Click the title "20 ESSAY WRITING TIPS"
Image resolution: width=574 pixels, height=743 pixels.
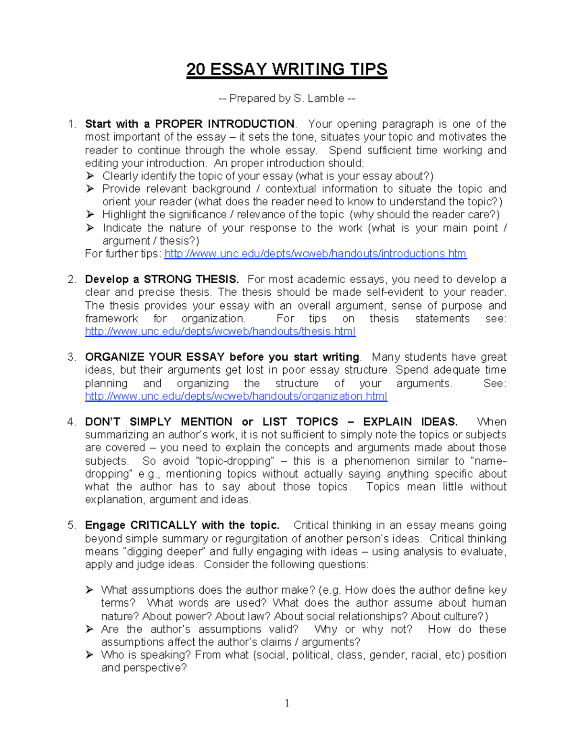pos(287,69)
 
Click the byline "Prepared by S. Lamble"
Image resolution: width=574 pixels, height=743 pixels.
pos(287,98)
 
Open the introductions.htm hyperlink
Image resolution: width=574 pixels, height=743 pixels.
pos(315,254)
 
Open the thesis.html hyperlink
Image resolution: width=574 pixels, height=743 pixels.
pos(220,332)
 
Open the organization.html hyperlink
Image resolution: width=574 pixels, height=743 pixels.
pos(236,396)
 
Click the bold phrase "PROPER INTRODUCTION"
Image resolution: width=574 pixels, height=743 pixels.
pos(224,124)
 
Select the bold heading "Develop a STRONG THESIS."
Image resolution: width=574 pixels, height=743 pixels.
pos(162,279)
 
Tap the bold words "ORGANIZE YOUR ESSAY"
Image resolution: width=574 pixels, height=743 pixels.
pos(155,357)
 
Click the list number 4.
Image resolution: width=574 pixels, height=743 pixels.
pos(71,422)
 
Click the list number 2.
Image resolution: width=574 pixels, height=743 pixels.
pos(71,279)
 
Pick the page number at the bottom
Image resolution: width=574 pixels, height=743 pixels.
pos(287,703)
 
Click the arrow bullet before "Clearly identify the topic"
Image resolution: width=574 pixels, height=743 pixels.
pos(90,176)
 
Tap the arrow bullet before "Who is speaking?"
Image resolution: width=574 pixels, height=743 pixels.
pos(89,655)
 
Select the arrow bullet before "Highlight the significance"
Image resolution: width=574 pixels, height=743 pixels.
pos(90,215)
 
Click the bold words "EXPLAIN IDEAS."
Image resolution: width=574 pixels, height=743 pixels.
pos(410,422)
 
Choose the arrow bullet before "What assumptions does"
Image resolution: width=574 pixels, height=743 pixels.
pos(89,590)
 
